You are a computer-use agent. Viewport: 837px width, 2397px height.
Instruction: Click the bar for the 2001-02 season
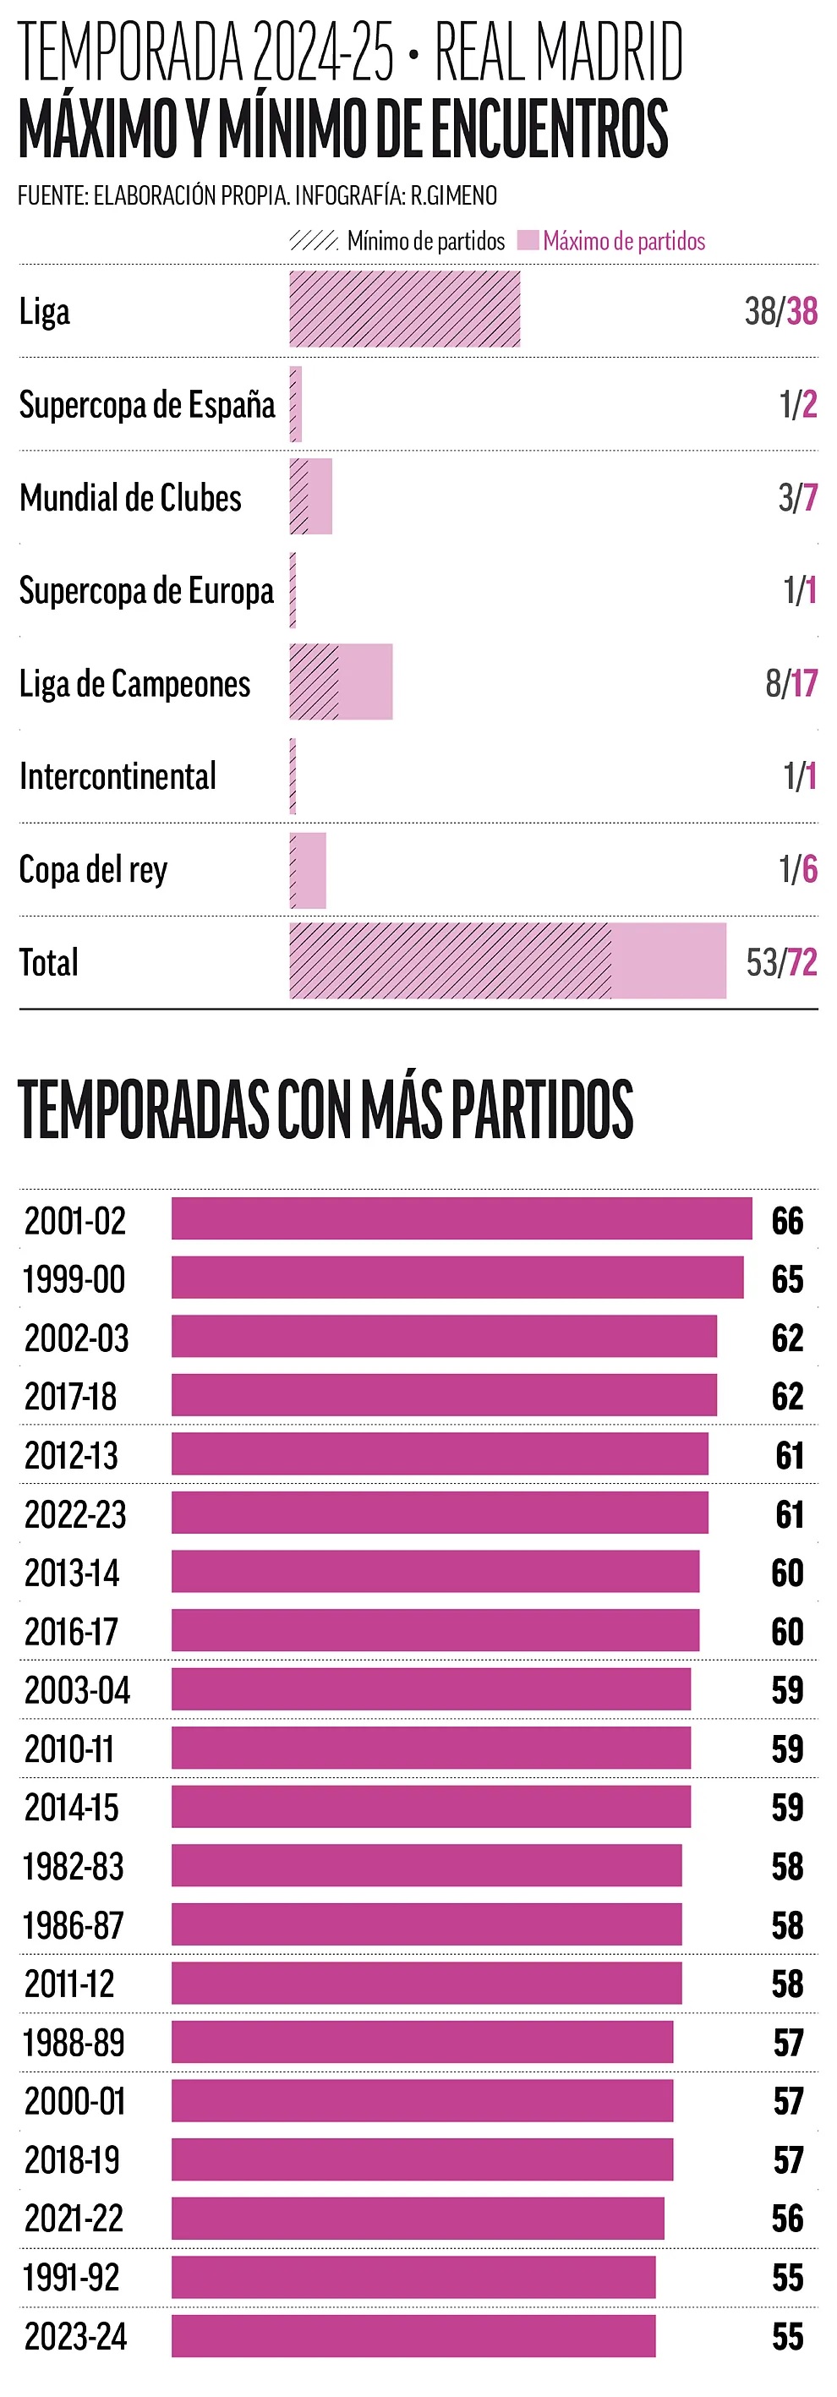pyautogui.click(x=462, y=1219)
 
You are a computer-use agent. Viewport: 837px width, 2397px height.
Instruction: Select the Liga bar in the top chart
pyautogui.click(x=404, y=309)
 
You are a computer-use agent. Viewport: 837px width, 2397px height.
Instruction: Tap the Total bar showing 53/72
pyautogui.click(x=507, y=961)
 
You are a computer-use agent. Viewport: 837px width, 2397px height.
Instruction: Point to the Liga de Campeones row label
pyautogui.click(x=135, y=684)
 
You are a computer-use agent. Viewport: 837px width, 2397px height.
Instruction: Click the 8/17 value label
pyautogui.click(x=791, y=684)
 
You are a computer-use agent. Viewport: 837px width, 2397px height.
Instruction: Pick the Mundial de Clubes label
pyautogui.click(x=130, y=498)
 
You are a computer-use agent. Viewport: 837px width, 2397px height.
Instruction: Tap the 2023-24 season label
pyautogui.click(x=75, y=2336)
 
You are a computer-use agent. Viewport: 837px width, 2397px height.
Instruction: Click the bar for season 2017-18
pyautogui.click(x=444, y=1395)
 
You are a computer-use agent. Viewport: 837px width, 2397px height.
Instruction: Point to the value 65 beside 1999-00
pyautogui.click(x=787, y=1278)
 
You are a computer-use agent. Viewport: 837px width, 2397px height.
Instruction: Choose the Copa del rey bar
pyautogui.click(x=308, y=870)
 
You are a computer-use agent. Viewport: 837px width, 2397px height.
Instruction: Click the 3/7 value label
pyautogui.click(x=798, y=498)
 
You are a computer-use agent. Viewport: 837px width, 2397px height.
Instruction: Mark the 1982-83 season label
pyautogui.click(x=74, y=1866)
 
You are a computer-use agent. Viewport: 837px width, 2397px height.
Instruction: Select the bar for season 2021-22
pyautogui.click(x=418, y=2219)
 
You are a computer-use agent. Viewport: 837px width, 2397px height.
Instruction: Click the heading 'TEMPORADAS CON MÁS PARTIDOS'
pyautogui.click(x=325, y=1109)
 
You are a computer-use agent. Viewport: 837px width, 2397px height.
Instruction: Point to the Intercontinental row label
pyautogui.click(x=118, y=777)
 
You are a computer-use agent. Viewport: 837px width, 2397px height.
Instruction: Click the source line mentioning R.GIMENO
pyautogui.click(x=258, y=195)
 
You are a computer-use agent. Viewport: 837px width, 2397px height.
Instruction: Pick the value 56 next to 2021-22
pyautogui.click(x=787, y=2219)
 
